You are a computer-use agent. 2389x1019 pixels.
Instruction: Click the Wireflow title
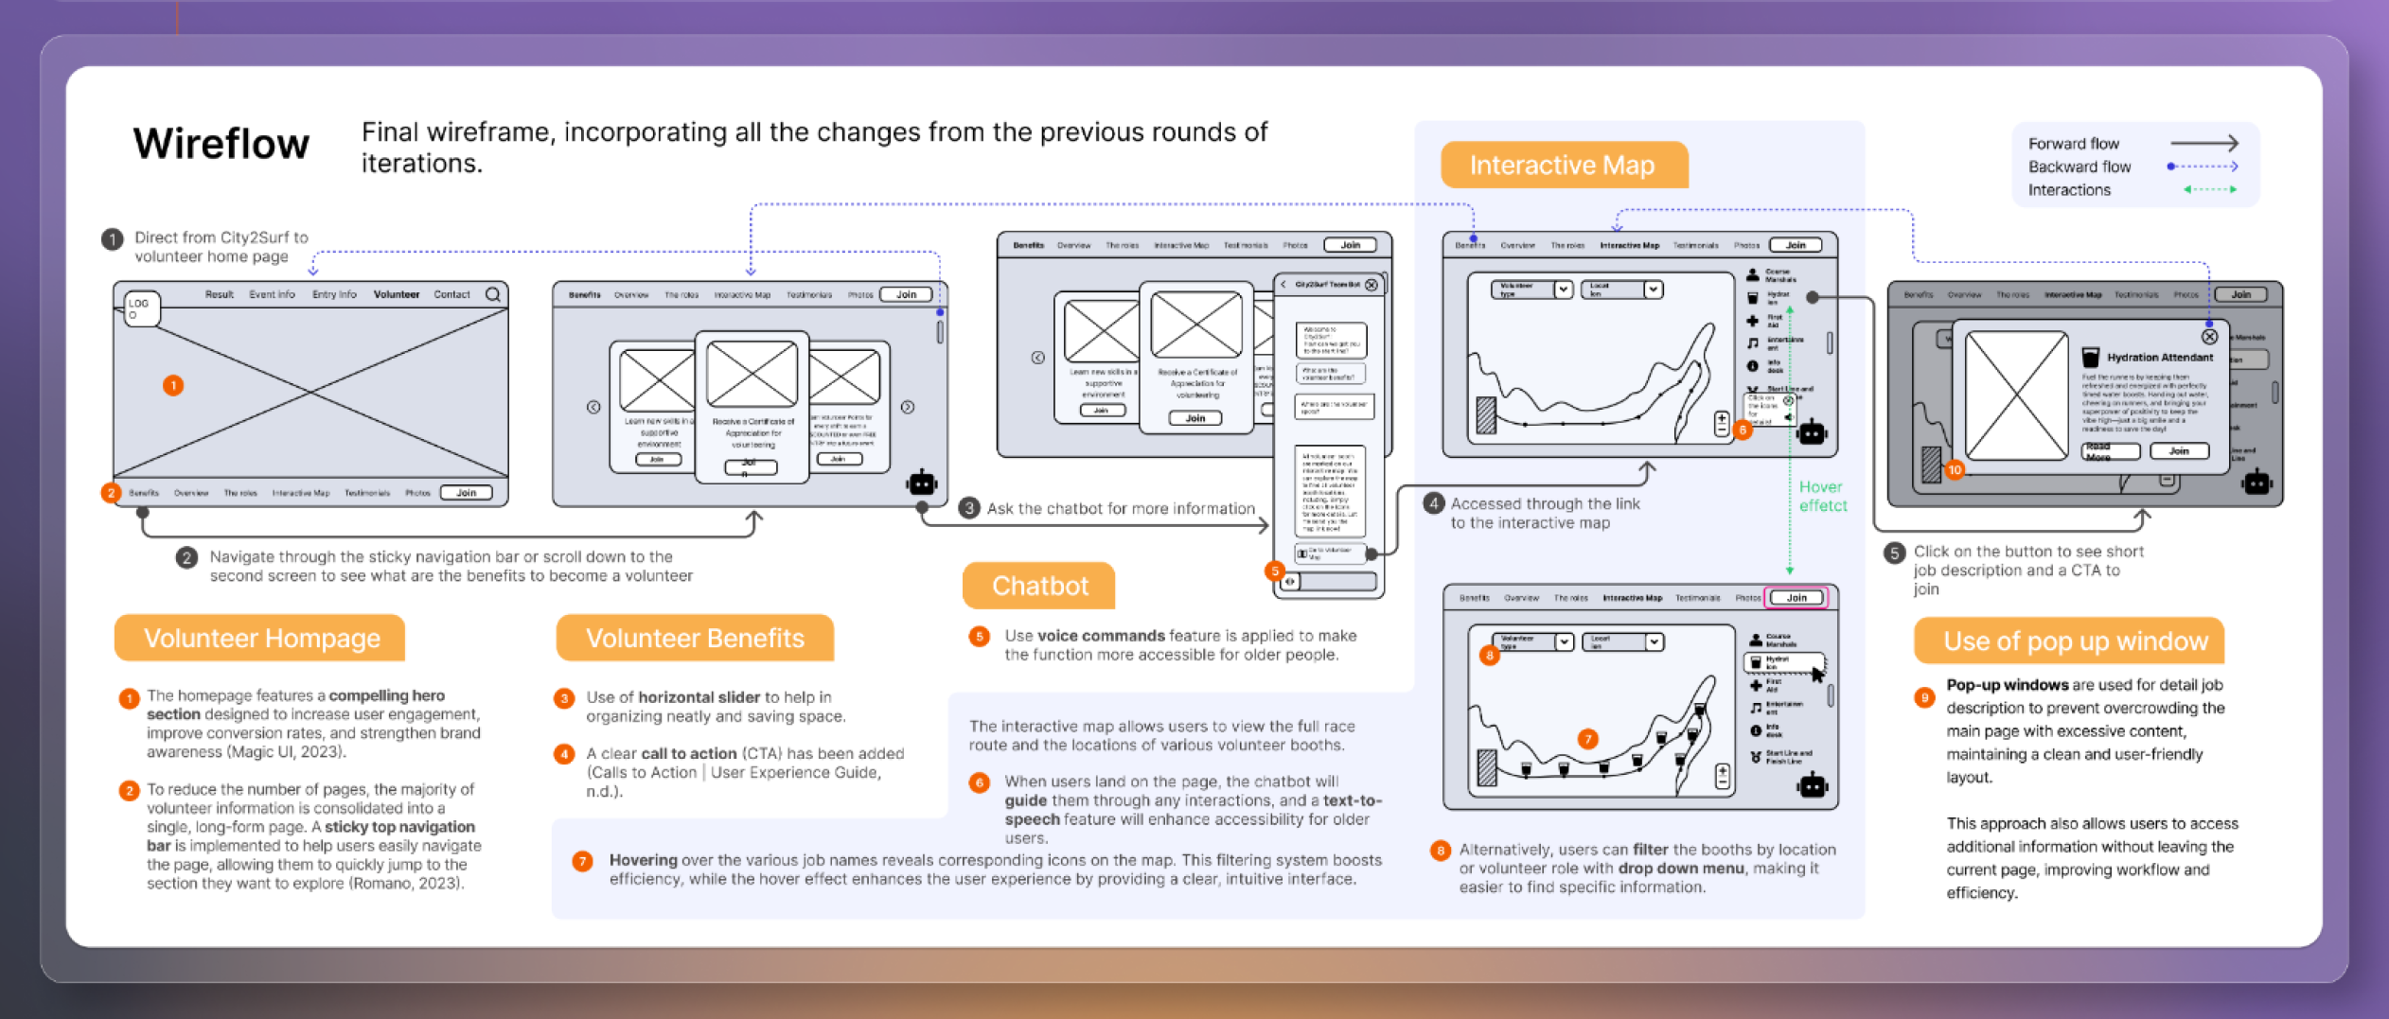[221, 144]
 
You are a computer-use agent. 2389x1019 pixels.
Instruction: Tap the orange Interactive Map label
[1562, 166]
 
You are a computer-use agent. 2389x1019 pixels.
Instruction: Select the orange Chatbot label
[1039, 586]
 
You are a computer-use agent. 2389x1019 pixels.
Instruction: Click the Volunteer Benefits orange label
[695, 639]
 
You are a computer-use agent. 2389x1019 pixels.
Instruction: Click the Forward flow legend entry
[2073, 144]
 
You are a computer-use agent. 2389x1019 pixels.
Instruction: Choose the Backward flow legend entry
[2079, 167]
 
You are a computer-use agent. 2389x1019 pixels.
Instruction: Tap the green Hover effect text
[1822, 496]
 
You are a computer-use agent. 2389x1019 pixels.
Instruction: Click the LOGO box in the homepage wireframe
[141, 308]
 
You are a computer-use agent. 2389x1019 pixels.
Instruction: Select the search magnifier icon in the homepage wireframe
[493, 294]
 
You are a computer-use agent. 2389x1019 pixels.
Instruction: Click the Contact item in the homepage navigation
[451, 294]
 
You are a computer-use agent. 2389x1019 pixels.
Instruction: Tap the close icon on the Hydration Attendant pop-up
[2209, 336]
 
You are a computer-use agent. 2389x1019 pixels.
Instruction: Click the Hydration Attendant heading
[2159, 358]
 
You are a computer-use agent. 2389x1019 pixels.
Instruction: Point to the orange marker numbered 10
[1955, 469]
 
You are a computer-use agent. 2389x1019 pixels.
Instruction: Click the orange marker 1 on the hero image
[172, 385]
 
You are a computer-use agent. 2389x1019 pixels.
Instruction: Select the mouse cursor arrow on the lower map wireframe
[1817, 674]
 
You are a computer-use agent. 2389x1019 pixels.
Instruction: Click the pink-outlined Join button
[1797, 597]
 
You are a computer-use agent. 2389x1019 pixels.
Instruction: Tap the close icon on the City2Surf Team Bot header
[1371, 285]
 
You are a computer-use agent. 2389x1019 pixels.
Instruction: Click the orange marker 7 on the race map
[1587, 738]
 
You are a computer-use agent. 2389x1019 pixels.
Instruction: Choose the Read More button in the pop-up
[2111, 451]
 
